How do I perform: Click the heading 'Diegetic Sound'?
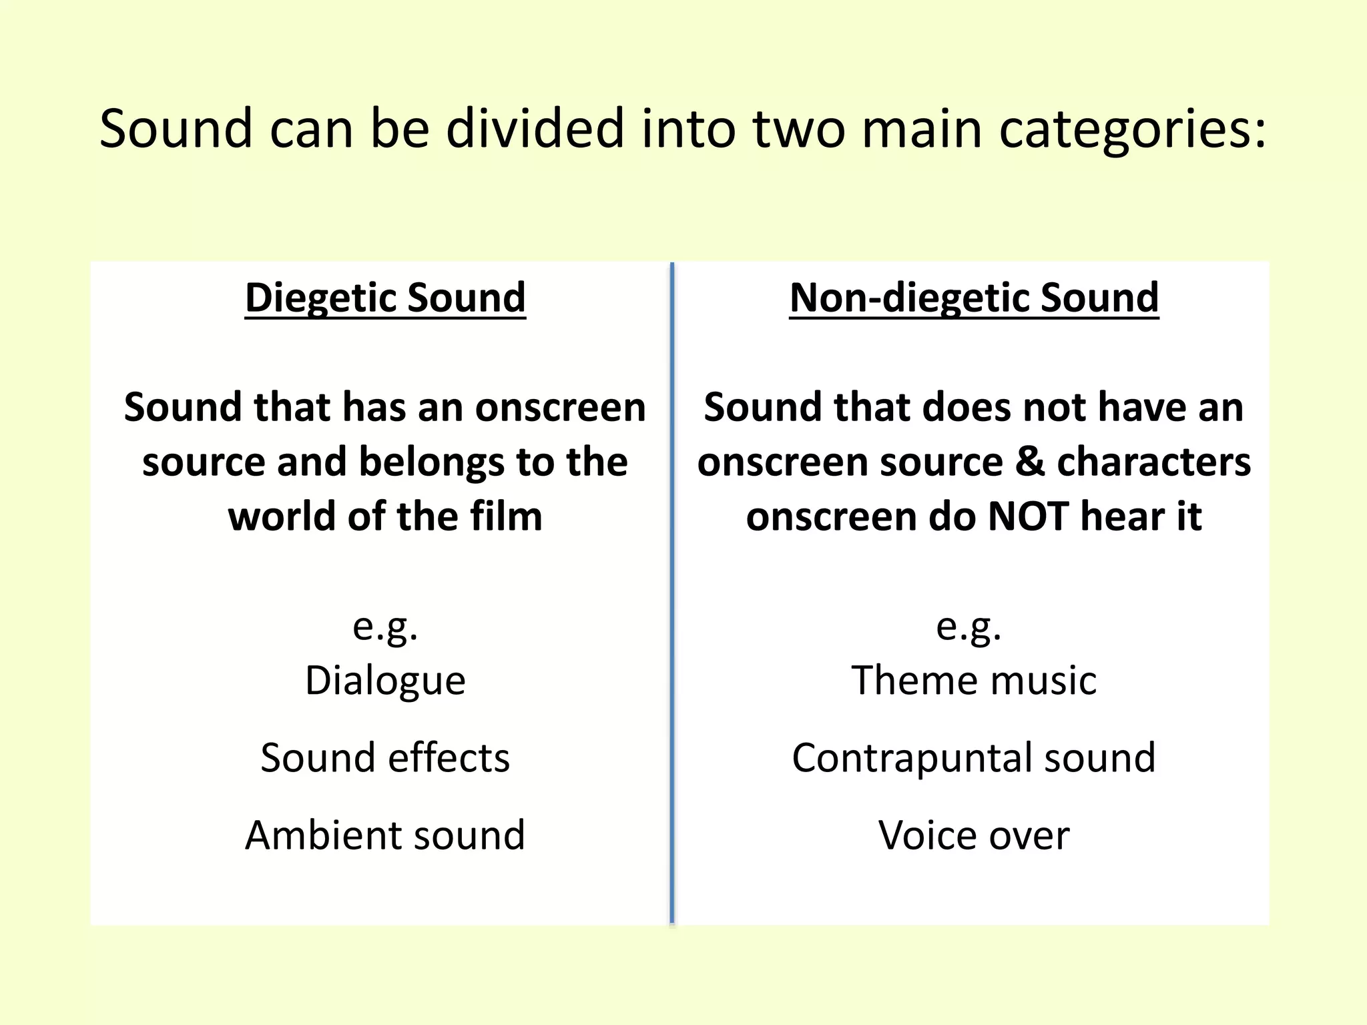click(x=385, y=298)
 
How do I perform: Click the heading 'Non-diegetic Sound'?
click(x=974, y=298)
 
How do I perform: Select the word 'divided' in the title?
click(x=534, y=129)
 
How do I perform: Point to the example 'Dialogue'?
click(x=385, y=681)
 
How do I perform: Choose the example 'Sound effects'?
click(x=385, y=758)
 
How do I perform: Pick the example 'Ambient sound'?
click(x=385, y=835)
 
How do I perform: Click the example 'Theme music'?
click(x=974, y=681)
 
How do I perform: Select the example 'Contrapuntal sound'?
click(x=974, y=758)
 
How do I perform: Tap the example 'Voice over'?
click(x=974, y=835)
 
